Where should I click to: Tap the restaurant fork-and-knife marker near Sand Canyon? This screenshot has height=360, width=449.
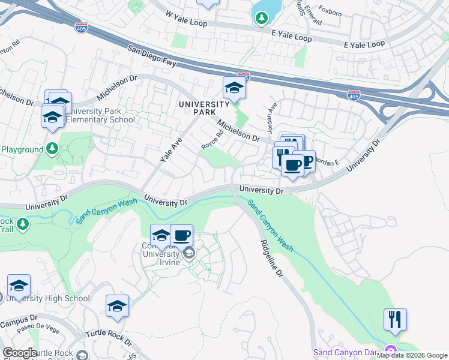point(395,319)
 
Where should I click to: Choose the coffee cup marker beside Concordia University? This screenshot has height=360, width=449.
point(181,235)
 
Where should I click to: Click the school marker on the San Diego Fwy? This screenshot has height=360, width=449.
point(234,88)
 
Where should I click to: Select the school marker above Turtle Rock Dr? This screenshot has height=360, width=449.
point(117,306)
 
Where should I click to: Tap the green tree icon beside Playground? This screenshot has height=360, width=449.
point(52,148)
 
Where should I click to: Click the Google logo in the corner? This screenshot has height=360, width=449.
point(20,353)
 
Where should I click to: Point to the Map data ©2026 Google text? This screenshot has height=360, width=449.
point(412,355)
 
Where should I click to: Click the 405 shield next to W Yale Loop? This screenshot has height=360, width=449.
point(82,28)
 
